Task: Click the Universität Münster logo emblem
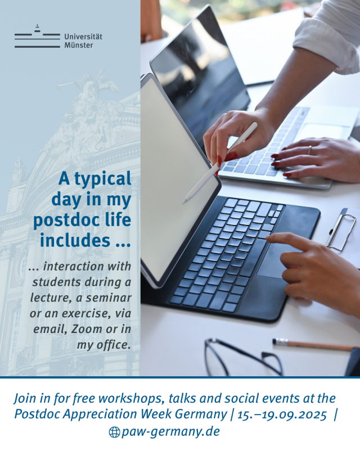pyautogui.click(x=37, y=36)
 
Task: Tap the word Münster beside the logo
pyautogui.click(x=79, y=46)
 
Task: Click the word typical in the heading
pyautogui.click(x=103, y=179)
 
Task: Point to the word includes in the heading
pyautogui.click(x=75, y=241)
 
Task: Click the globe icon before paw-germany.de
pyautogui.click(x=114, y=432)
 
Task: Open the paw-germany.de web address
pyautogui.click(x=170, y=432)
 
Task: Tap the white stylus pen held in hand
pyautogui.click(x=220, y=163)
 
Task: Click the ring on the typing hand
pyautogui.click(x=310, y=150)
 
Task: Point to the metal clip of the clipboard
pyautogui.click(x=341, y=229)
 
